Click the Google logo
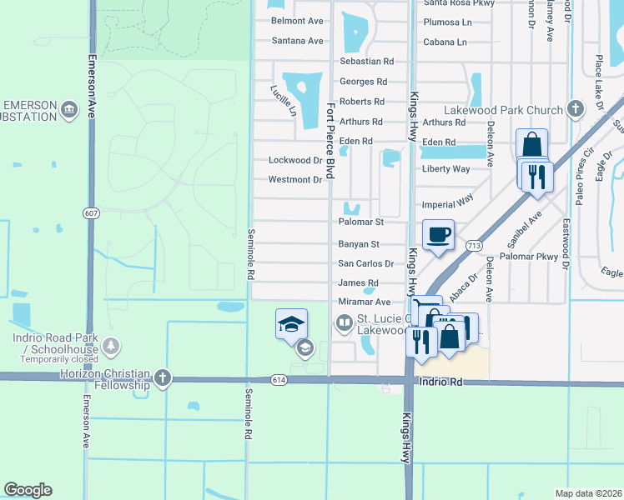[28, 490]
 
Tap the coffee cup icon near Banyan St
[438, 234]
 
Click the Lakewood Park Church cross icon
[575, 109]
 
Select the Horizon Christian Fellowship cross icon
[162, 377]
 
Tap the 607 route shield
[91, 213]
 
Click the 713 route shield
[474, 245]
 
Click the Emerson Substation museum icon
[69, 109]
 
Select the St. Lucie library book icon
[344, 322]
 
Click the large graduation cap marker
[291, 323]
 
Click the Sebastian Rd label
[366, 62]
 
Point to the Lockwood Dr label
[294, 160]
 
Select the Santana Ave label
[297, 41]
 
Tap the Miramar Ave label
[365, 302]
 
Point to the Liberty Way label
[446, 169]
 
